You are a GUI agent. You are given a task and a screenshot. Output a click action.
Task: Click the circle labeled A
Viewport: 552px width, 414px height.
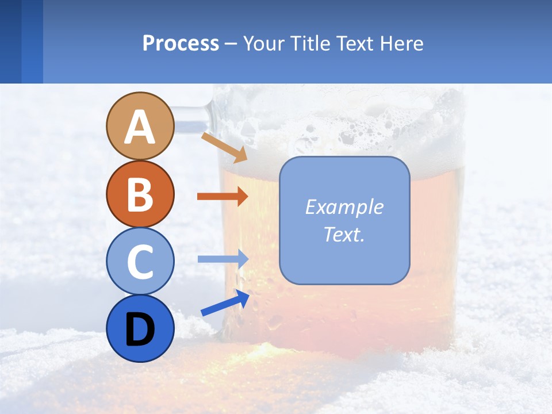point(140,126)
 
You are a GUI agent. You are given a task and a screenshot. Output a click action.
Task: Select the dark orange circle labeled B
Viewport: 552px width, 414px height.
point(140,194)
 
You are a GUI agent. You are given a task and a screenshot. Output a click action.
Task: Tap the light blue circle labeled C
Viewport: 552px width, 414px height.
point(140,261)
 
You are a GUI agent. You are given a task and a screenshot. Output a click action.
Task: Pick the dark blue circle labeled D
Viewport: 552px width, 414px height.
point(140,328)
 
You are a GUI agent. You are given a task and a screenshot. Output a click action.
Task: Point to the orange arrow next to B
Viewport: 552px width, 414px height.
point(222,197)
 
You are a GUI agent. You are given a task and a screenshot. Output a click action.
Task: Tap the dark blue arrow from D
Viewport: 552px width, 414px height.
point(225,304)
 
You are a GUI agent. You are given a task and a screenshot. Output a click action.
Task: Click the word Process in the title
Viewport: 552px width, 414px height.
point(181,44)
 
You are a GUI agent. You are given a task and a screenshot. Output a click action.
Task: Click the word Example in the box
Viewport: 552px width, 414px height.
point(344,207)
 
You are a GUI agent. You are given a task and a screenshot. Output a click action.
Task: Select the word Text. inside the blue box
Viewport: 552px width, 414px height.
point(344,234)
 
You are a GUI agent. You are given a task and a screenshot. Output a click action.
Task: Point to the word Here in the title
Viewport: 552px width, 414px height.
point(403,44)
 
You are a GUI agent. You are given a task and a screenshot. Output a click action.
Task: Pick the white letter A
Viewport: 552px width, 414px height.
point(140,126)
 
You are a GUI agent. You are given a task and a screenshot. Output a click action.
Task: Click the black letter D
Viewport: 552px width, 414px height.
point(140,329)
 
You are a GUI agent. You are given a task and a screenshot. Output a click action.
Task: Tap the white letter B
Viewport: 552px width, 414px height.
point(140,194)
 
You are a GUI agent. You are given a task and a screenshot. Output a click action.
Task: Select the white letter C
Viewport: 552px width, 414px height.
point(140,262)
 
